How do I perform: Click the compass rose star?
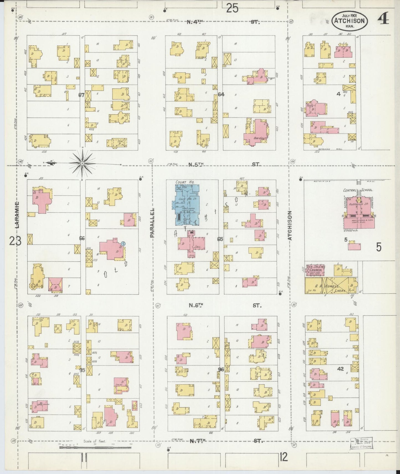click(82, 163)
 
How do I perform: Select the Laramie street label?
click(17, 215)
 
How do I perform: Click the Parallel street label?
click(152, 223)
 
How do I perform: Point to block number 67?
click(81, 95)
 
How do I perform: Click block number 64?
click(221, 94)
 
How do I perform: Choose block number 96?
click(221, 369)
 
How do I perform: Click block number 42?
click(340, 369)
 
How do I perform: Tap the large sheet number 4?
click(383, 20)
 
